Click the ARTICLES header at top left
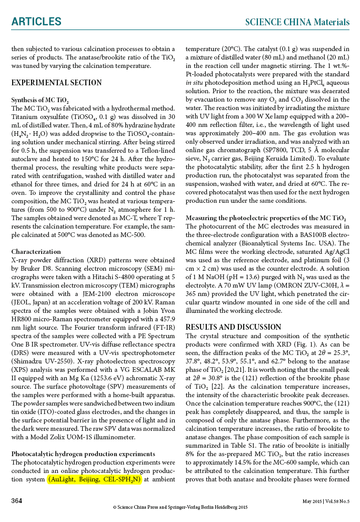click(36, 22)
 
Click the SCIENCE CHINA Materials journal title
click(297, 22)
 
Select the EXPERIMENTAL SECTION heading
click(56, 83)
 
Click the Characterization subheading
click(36, 252)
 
